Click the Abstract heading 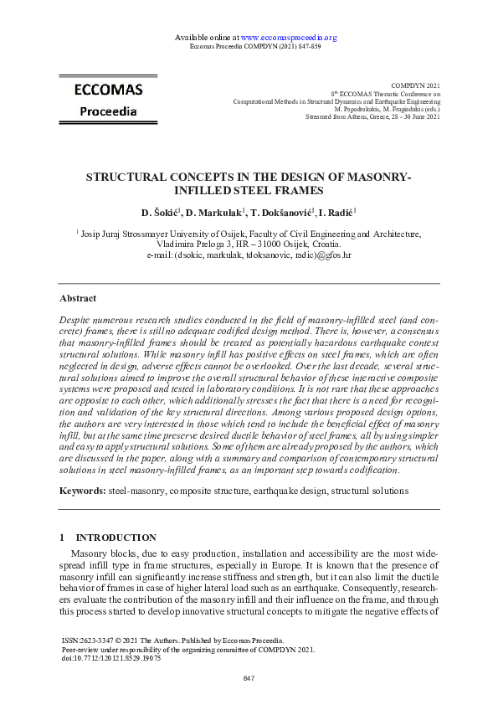pyautogui.click(x=78, y=298)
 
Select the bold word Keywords pyautogui.click(x=82, y=488)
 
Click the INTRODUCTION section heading pyautogui.click(x=116, y=538)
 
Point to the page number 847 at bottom pyautogui.click(x=249, y=677)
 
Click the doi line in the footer pyautogui.click(x=111, y=658)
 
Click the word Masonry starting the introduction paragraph pyautogui.click(x=89, y=554)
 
